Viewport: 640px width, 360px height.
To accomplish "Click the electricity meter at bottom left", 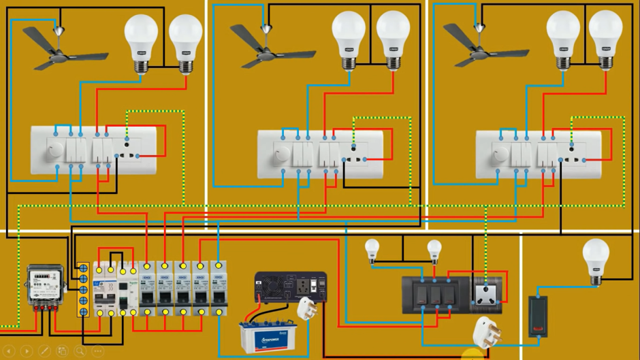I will pyautogui.click(x=44, y=285).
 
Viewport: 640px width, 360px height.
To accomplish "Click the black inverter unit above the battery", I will pyautogui.click(x=290, y=287).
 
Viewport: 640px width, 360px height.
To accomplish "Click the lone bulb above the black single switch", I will pyautogui.click(x=596, y=259).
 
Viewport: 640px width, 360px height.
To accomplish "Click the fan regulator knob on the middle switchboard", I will pyautogui.click(x=281, y=156).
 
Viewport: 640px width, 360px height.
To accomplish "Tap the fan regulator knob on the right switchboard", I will pyautogui.click(x=500, y=155).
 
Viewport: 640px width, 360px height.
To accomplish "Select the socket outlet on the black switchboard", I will pyautogui.click(x=487, y=293).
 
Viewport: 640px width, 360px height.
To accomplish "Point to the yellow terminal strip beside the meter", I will pyautogui.click(x=83, y=289).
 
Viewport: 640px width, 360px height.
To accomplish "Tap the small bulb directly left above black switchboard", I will pyautogui.click(x=372, y=250).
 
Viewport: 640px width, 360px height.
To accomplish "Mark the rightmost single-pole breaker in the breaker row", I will pyautogui.click(x=219, y=289).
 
